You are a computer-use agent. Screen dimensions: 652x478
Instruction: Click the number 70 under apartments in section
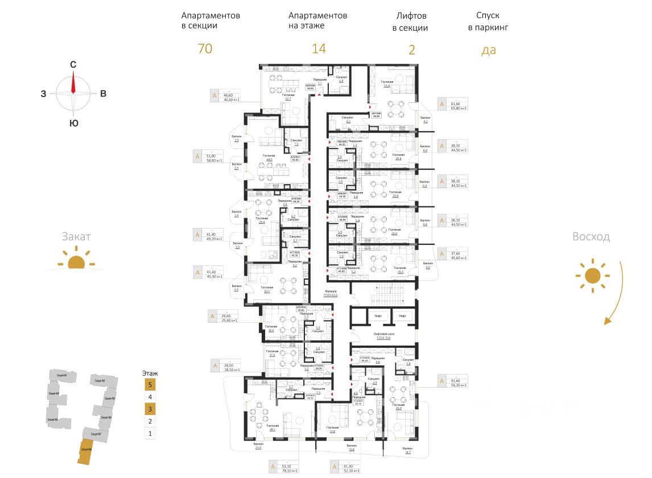point(205,49)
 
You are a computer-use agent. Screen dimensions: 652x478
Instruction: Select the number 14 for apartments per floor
point(319,49)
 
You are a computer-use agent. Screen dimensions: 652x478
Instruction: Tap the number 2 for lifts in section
point(412,49)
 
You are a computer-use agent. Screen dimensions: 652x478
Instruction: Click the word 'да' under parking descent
point(489,50)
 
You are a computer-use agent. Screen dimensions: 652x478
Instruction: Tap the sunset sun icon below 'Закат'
point(76,263)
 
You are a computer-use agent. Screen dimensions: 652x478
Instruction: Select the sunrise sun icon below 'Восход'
point(593,276)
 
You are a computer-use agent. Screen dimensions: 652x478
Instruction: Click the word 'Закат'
point(76,237)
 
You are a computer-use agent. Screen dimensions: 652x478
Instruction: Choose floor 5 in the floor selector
point(149,385)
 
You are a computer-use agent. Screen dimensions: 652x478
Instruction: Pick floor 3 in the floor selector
point(149,409)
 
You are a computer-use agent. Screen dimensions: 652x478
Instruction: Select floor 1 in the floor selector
point(149,434)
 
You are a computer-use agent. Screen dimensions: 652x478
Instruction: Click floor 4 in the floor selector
point(149,397)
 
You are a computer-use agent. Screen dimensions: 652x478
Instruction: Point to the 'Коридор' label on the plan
point(331,292)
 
